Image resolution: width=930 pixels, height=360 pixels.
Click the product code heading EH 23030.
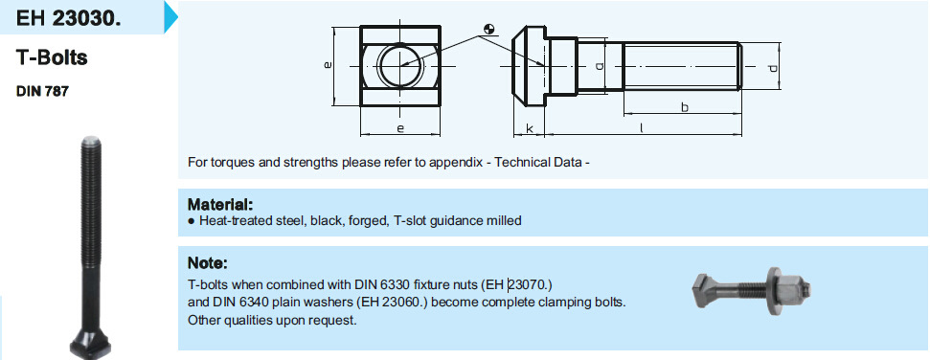[68, 18]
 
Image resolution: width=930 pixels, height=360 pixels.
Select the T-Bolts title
[52, 57]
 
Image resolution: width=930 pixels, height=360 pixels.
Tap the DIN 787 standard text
[42, 92]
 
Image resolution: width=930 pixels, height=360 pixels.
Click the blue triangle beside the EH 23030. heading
[170, 16]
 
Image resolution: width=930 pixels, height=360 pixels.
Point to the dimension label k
[529, 127]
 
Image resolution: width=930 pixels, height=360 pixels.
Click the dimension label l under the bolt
[642, 127]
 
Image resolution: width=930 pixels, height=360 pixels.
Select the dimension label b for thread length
[685, 107]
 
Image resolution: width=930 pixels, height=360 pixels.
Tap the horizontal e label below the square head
[400, 128]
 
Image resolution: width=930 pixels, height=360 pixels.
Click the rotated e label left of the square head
[327, 65]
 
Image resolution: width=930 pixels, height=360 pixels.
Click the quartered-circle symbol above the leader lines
[489, 28]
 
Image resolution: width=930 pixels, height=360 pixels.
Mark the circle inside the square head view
[400, 65]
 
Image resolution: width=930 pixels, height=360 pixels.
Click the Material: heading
[220, 205]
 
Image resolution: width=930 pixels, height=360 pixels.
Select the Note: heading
[208, 262]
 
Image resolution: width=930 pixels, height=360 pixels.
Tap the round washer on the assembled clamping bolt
[772, 291]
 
